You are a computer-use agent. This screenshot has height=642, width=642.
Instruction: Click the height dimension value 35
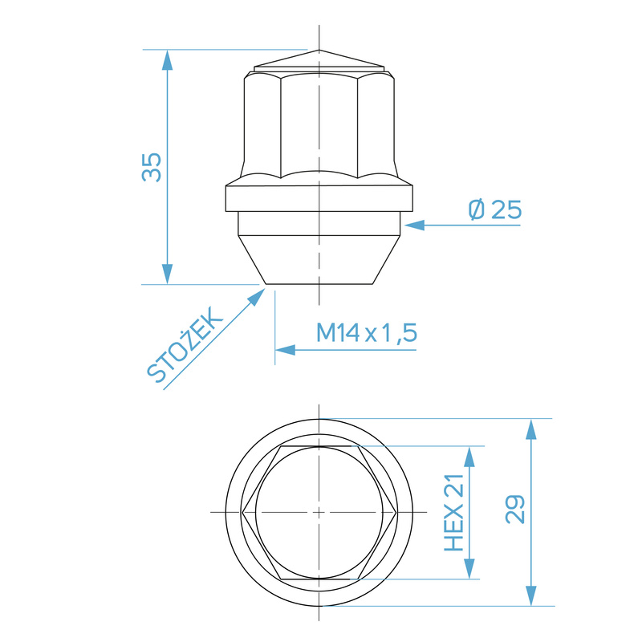152,166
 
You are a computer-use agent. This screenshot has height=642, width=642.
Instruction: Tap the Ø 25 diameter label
494,210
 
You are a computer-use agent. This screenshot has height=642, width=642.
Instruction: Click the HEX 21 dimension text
455,512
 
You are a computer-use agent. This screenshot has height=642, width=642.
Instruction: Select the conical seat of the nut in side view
319,261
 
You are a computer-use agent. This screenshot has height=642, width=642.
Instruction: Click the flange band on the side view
319,197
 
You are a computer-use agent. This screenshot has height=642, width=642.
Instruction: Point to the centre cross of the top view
319,511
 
